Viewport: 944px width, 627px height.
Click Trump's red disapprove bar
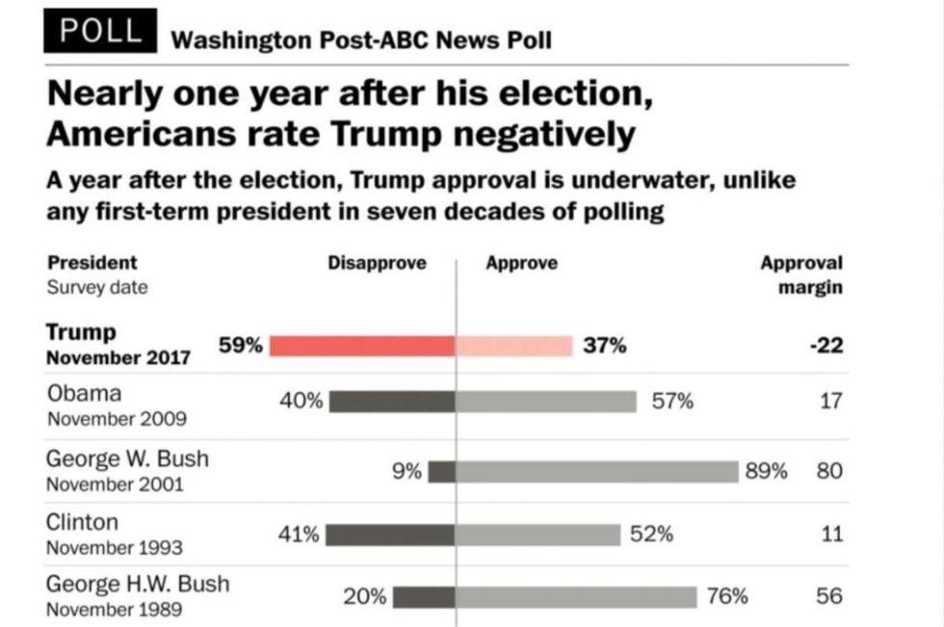pyautogui.click(x=362, y=346)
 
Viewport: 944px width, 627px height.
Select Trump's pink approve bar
pyautogui.click(x=514, y=346)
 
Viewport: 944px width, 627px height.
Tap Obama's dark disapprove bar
pyautogui.click(x=392, y=402)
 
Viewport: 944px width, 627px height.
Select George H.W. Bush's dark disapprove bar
pyautogui.click(x=424, y=597)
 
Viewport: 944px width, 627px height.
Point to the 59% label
pyautogui.click(x=241, y=346)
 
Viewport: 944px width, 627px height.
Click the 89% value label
pyautogui.click(x=767, y=471)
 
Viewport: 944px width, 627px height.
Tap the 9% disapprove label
pyautogui.click(x=406, y=471)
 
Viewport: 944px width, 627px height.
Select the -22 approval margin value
pyautogui.click(x=826, y=346)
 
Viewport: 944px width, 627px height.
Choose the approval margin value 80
pyautogui.click(x=828, y=471)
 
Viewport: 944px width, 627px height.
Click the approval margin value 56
pyautogui.click(x=828, y=596)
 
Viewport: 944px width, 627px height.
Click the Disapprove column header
pyautogui.click(x=377, y=263)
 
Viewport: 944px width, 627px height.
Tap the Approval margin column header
pyautogui.click(x=801, y=274)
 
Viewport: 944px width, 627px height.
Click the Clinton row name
pyautogui.click(x=83, y=523)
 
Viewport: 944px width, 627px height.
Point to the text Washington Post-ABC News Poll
pyautogui.click(x=361, y=40)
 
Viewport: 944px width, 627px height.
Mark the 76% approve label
pyautogui.click(x=727, y=596)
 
